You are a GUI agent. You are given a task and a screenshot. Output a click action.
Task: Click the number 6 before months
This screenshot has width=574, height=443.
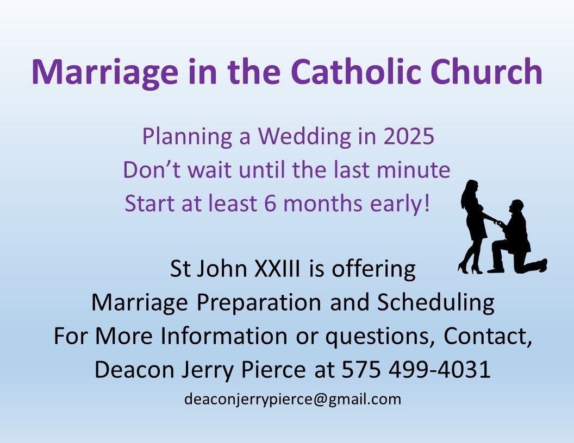pos(270,203)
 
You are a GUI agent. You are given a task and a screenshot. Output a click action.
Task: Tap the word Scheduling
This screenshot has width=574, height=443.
pos(435,302)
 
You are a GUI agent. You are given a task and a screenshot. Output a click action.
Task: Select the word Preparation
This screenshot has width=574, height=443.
pos(259,302)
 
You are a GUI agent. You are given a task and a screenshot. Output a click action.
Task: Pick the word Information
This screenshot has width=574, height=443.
pos(223,336)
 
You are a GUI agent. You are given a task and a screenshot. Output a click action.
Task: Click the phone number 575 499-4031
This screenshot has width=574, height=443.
pos(416,369)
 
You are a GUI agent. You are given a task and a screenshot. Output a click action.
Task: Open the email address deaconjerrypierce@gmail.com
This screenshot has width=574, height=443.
pos(292,399)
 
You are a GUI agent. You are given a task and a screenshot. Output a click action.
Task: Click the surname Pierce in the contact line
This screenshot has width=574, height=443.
pos(273,369)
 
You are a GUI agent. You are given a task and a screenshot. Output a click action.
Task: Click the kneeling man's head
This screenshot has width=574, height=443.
pos(517,207)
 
